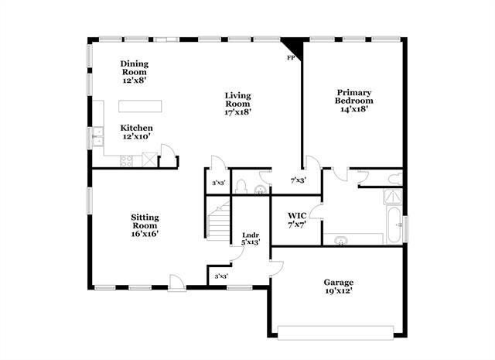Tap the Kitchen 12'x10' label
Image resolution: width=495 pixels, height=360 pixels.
(136, 132)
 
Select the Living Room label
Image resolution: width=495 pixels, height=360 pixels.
(237, 104)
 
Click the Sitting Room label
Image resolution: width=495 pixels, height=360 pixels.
(145, 225)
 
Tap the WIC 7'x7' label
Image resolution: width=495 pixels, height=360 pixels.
(297, 219)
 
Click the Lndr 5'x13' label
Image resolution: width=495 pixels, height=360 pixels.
(250, 238)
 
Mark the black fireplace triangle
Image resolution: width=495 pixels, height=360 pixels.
(293, 47)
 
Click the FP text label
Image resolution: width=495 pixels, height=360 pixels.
(292, 58)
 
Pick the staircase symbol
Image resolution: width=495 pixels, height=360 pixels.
(218, 219)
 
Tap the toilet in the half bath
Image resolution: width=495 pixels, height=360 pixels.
(241, 187)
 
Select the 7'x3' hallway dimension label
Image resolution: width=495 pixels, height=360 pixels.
(297, 180)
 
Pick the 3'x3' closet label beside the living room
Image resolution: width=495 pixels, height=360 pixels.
(218, 183)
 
